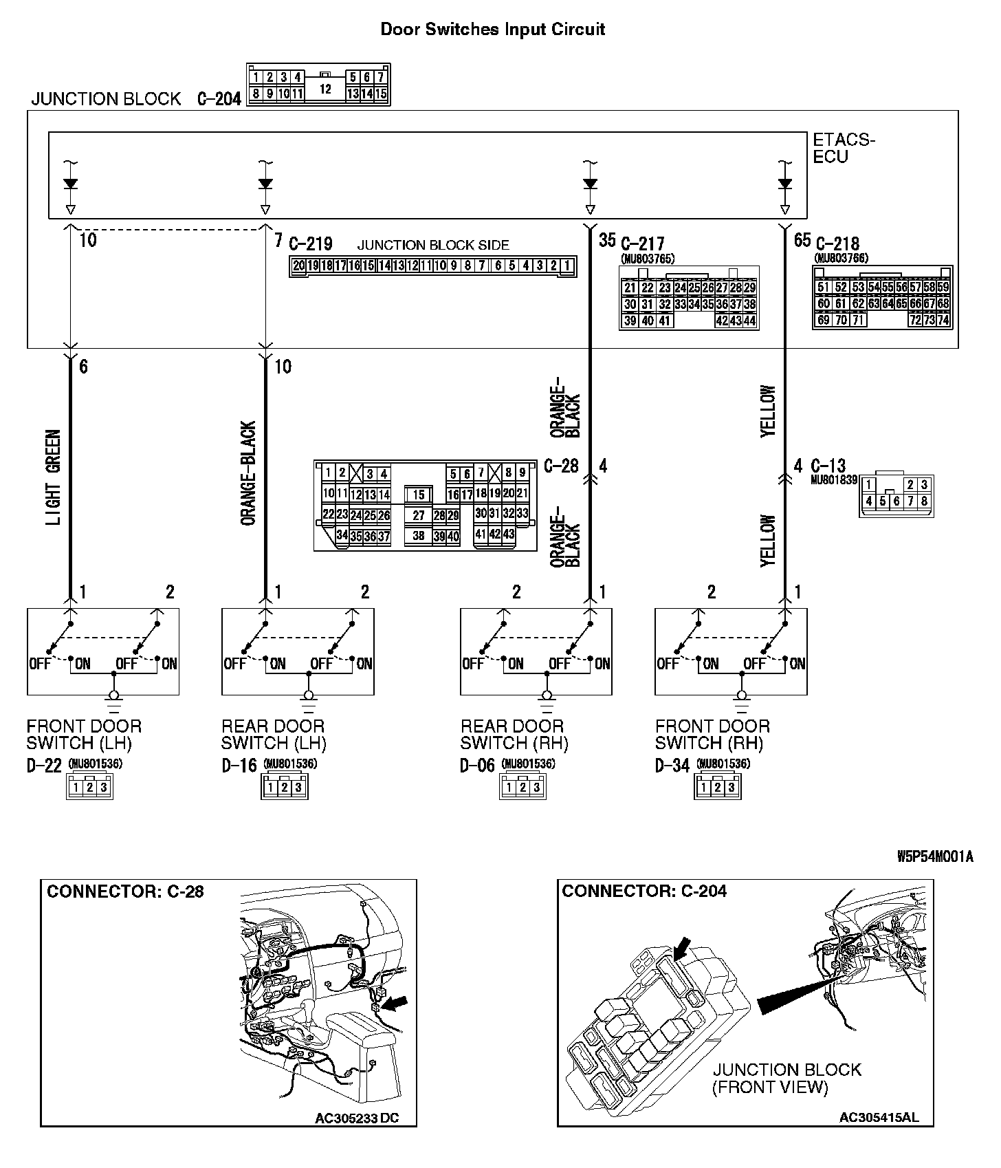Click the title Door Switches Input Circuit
(492, 30)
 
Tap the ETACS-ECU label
(844, 149)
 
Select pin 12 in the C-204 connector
(325, 89)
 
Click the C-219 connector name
(310, 244)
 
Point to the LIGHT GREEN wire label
(54, 477)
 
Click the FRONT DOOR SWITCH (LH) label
(84, 735)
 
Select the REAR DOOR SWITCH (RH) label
(514, 735)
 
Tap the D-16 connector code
(239, 766)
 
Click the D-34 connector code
(672, 766)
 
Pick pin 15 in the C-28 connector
(419, 495)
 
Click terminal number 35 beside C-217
(607, 241)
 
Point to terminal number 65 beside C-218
(802, 241)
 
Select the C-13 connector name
(828, 466)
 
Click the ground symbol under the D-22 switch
(114, 700)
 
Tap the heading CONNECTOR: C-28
(125, 891)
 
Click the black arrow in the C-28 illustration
(395, 1005)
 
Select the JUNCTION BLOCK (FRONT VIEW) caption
(786, 1079)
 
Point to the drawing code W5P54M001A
(936, 857)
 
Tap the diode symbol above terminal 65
(785, 184)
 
